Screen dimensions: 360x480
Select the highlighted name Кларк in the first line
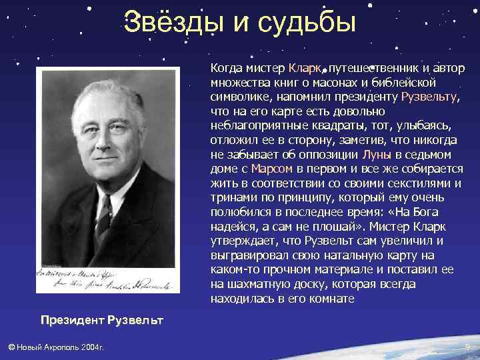tap(303, 68)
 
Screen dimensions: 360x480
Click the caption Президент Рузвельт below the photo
tap(101, 320)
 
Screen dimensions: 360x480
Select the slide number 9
tap(467, 347)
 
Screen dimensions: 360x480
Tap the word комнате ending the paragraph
tap(331, 299)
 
